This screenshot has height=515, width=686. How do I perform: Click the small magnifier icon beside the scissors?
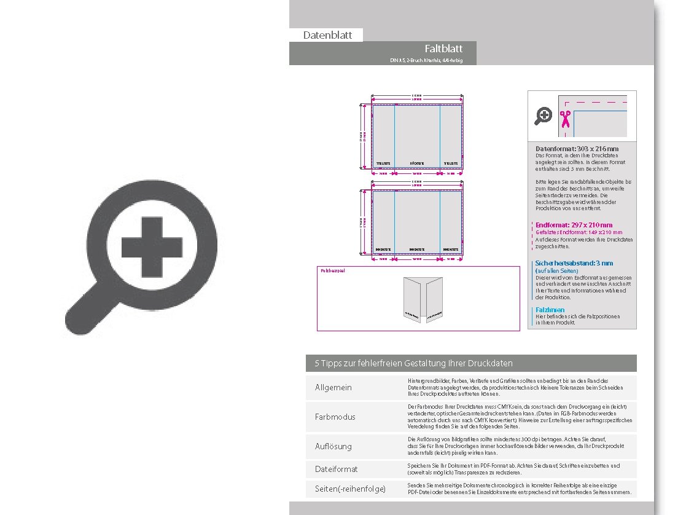[544, 116]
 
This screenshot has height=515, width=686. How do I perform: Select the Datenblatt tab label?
[327, 35]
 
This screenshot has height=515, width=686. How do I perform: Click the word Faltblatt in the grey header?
[443, 49]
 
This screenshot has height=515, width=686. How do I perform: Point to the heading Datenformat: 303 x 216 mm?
[577, 149]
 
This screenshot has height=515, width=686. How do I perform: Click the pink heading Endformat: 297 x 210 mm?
[574, 225]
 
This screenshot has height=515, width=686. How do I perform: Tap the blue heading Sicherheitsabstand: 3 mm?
[574, 263]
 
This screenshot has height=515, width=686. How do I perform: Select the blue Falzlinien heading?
[550, 310]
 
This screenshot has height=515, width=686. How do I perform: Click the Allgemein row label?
[333, 388]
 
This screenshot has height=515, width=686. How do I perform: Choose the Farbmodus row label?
[335, 417]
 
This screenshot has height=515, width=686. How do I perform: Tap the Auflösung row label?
[333, 446]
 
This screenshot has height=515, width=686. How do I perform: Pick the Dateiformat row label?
[336, 469]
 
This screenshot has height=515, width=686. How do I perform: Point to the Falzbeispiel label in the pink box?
[332, 270]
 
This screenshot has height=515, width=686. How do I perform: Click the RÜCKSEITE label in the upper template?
[417, 164]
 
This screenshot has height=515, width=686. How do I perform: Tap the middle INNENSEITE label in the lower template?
[417, 250]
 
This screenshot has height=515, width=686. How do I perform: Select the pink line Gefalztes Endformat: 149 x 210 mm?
[579, 232]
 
